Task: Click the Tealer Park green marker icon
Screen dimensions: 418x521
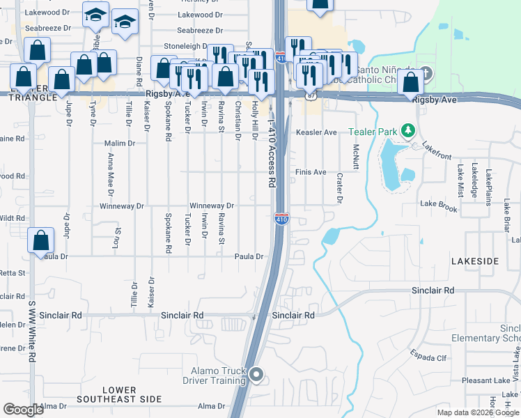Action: click(x=409, y=131)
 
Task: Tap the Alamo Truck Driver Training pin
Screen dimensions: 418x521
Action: click(x=256, y=376)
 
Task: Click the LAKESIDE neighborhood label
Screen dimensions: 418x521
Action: click(x=475, y=261)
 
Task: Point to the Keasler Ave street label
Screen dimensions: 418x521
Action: click(x=316, y=132)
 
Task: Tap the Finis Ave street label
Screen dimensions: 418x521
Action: click(x=311, y=172)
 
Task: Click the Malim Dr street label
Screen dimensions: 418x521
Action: click(x=119, y=144)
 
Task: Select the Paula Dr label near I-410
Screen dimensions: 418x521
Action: click(x=249, y=256)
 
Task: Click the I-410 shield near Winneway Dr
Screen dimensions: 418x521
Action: click(x=281, y=219)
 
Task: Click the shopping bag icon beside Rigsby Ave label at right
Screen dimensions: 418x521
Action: click(x=412, y=82)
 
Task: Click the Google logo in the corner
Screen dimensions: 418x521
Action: click(x=23, y=410)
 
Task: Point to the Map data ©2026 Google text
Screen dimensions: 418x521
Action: click(x=478, y=412)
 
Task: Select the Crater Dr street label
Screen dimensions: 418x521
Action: click(x=340, y=188)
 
